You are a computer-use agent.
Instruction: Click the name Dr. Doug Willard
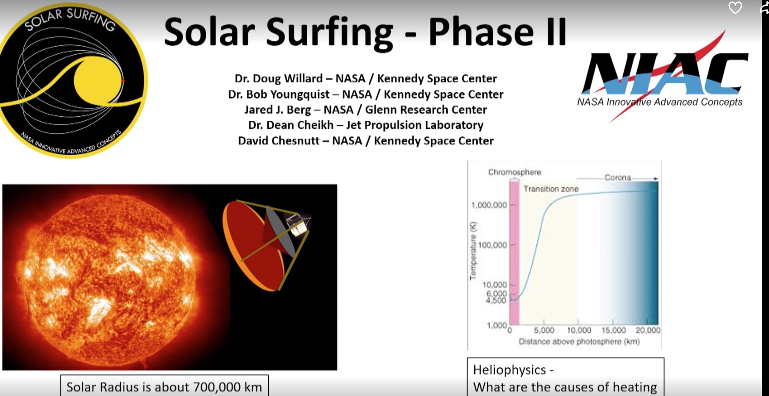(x=278, y=78)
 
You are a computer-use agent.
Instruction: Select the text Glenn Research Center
(x=426, y=109)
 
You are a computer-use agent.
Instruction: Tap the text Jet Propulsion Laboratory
(x=415, y=125)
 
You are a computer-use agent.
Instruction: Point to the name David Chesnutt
(x=278, y=141)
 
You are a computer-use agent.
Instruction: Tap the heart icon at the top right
(x=735, y=8)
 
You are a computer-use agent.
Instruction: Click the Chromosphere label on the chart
(x=514, y=172)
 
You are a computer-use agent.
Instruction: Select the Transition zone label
(x=550, y=189)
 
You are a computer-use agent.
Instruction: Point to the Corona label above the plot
(x=617, y=177)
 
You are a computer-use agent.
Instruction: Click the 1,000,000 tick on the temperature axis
(x=489, y=205)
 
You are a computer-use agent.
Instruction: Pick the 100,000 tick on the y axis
(x=492, y=245)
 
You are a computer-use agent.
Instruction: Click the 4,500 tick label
(x=496, y=301)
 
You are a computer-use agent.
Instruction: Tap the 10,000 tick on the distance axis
(x=579, y=330)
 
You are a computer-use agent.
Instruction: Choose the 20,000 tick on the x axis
(x=648, y=330)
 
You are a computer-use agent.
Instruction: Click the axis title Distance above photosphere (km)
(x=579, y=341)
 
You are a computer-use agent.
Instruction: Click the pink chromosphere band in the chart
(x=514, y=247)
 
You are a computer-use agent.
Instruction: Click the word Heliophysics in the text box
(x=509, y=370)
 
